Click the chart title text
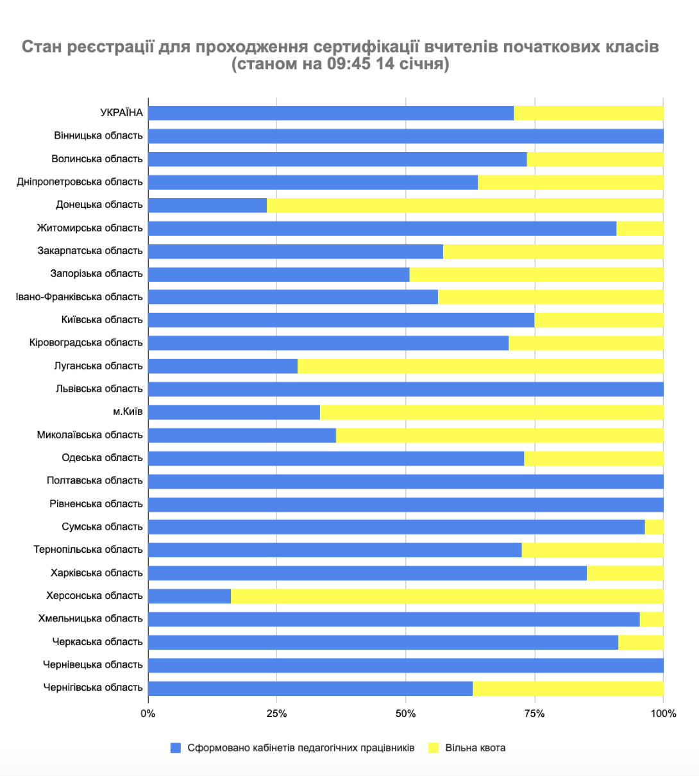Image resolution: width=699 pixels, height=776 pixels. (x=341, y=55)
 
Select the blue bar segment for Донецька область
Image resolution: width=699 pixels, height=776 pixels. (x=207, y=205)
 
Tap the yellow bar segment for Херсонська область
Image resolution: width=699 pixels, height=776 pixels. (x=447, y=596)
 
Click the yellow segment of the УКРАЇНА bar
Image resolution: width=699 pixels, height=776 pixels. (x=588, y=113)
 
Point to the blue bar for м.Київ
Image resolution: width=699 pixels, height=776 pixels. (x=234, y=412)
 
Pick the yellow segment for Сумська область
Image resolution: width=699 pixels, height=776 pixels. (x=654, y=527)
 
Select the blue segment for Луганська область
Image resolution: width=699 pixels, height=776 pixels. (x=223, y=366)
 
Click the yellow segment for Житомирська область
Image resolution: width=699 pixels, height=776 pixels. (x=639, y=228)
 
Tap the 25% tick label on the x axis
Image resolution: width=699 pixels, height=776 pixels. (x=276, y=714)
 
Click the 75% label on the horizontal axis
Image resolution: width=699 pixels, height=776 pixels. (x=534, y=714)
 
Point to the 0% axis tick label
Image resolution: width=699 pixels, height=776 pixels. (x=148, y=714)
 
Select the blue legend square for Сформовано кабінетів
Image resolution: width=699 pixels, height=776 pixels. (x=176, y=748)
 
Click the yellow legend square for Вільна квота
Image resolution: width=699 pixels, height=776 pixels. (x=434, y=748)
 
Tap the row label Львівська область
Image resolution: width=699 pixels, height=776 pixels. (x=99, y=389)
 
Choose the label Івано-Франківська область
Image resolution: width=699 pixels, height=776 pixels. (x=80, y=297)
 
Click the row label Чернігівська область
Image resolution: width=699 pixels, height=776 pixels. (x=93, y=687)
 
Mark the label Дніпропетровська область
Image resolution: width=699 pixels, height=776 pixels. (x=80, y=182)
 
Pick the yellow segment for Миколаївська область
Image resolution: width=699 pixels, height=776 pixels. (x=500, y=435)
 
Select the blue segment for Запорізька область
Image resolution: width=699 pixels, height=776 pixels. (x=278, y=274)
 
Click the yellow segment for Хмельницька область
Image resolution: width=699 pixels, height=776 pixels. (x=652, y=619)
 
